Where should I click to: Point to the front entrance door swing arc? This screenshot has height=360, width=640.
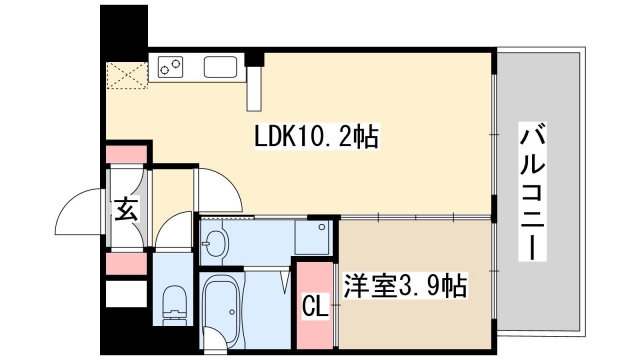[x=80, y=210]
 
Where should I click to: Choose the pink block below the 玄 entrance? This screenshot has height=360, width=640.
[x=126, y=264]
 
